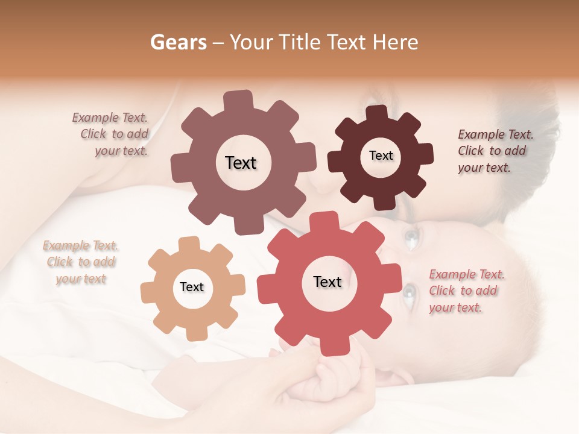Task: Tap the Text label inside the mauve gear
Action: tap(241, 163)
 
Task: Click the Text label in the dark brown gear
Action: tap(381, 156)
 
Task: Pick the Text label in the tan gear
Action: tap(192, 288)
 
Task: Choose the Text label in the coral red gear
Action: tap(327, 282)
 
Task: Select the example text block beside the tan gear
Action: tap(80, 262)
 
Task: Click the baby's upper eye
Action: tap(411, 240)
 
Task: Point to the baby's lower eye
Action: tap(410, 294)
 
